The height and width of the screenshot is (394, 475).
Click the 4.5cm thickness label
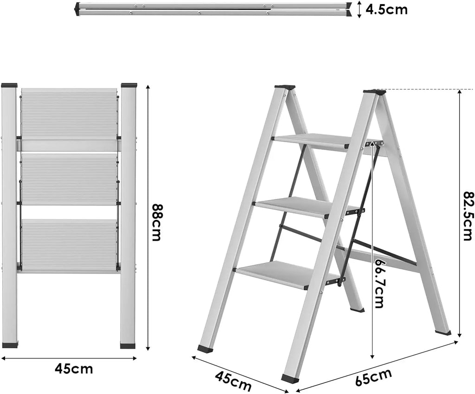(386, 9)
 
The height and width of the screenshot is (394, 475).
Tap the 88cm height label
(156, 223)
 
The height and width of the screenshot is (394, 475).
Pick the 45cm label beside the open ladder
(233, 378)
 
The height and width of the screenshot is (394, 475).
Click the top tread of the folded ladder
(69, 114)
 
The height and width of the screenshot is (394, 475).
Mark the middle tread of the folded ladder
(69, 180)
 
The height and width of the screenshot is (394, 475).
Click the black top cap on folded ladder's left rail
(9, 86)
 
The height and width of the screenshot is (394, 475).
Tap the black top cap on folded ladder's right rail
(129, 86)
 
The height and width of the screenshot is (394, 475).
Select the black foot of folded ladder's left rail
(10, 345)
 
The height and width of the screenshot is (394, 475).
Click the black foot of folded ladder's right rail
(128, 345)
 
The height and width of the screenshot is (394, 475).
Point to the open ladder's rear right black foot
(443, 332)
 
